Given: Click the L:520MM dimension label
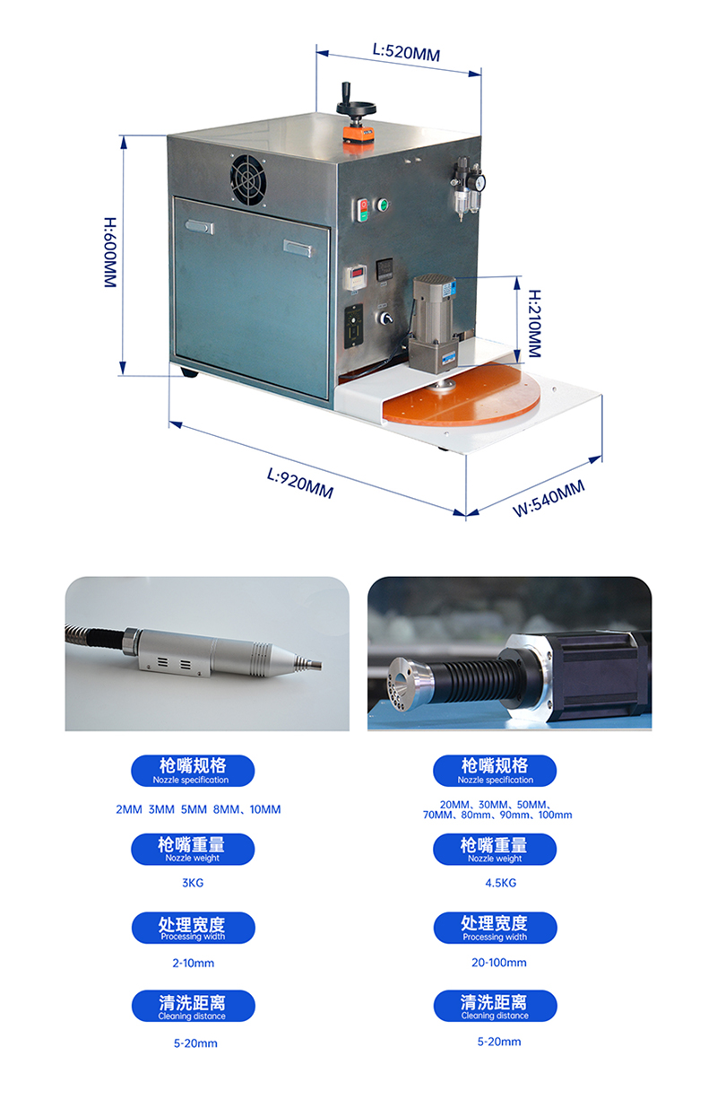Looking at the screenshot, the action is tap(406, 51).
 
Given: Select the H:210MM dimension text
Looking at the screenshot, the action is tap(535, 324).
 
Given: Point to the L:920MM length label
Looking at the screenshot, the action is tap(300, 484).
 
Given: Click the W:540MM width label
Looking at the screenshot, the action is tap(549, 498).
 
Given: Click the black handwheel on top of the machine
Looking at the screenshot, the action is tap(356, 103).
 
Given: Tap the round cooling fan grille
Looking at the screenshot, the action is tap(248, 179).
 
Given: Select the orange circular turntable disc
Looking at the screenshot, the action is tap(462, 394).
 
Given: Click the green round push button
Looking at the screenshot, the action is tap(383, 205).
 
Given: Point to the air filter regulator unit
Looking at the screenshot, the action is tap(468, 188).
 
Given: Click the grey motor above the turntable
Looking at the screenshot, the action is tap(432, 322).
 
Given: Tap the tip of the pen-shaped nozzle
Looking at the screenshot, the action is tap(319, 665).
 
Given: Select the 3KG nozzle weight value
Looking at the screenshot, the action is tap(193, 883).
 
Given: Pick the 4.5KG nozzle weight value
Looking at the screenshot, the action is tap(501, 883).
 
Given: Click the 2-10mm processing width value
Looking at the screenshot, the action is tap(194, 963).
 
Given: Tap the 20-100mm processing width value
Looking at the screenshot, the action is tap(499, 963).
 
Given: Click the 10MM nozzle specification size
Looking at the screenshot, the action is tap(265, 810).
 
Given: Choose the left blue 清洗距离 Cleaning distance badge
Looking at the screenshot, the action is tap(194, 1006).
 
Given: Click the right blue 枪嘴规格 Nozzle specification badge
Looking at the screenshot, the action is tap(495, 771).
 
